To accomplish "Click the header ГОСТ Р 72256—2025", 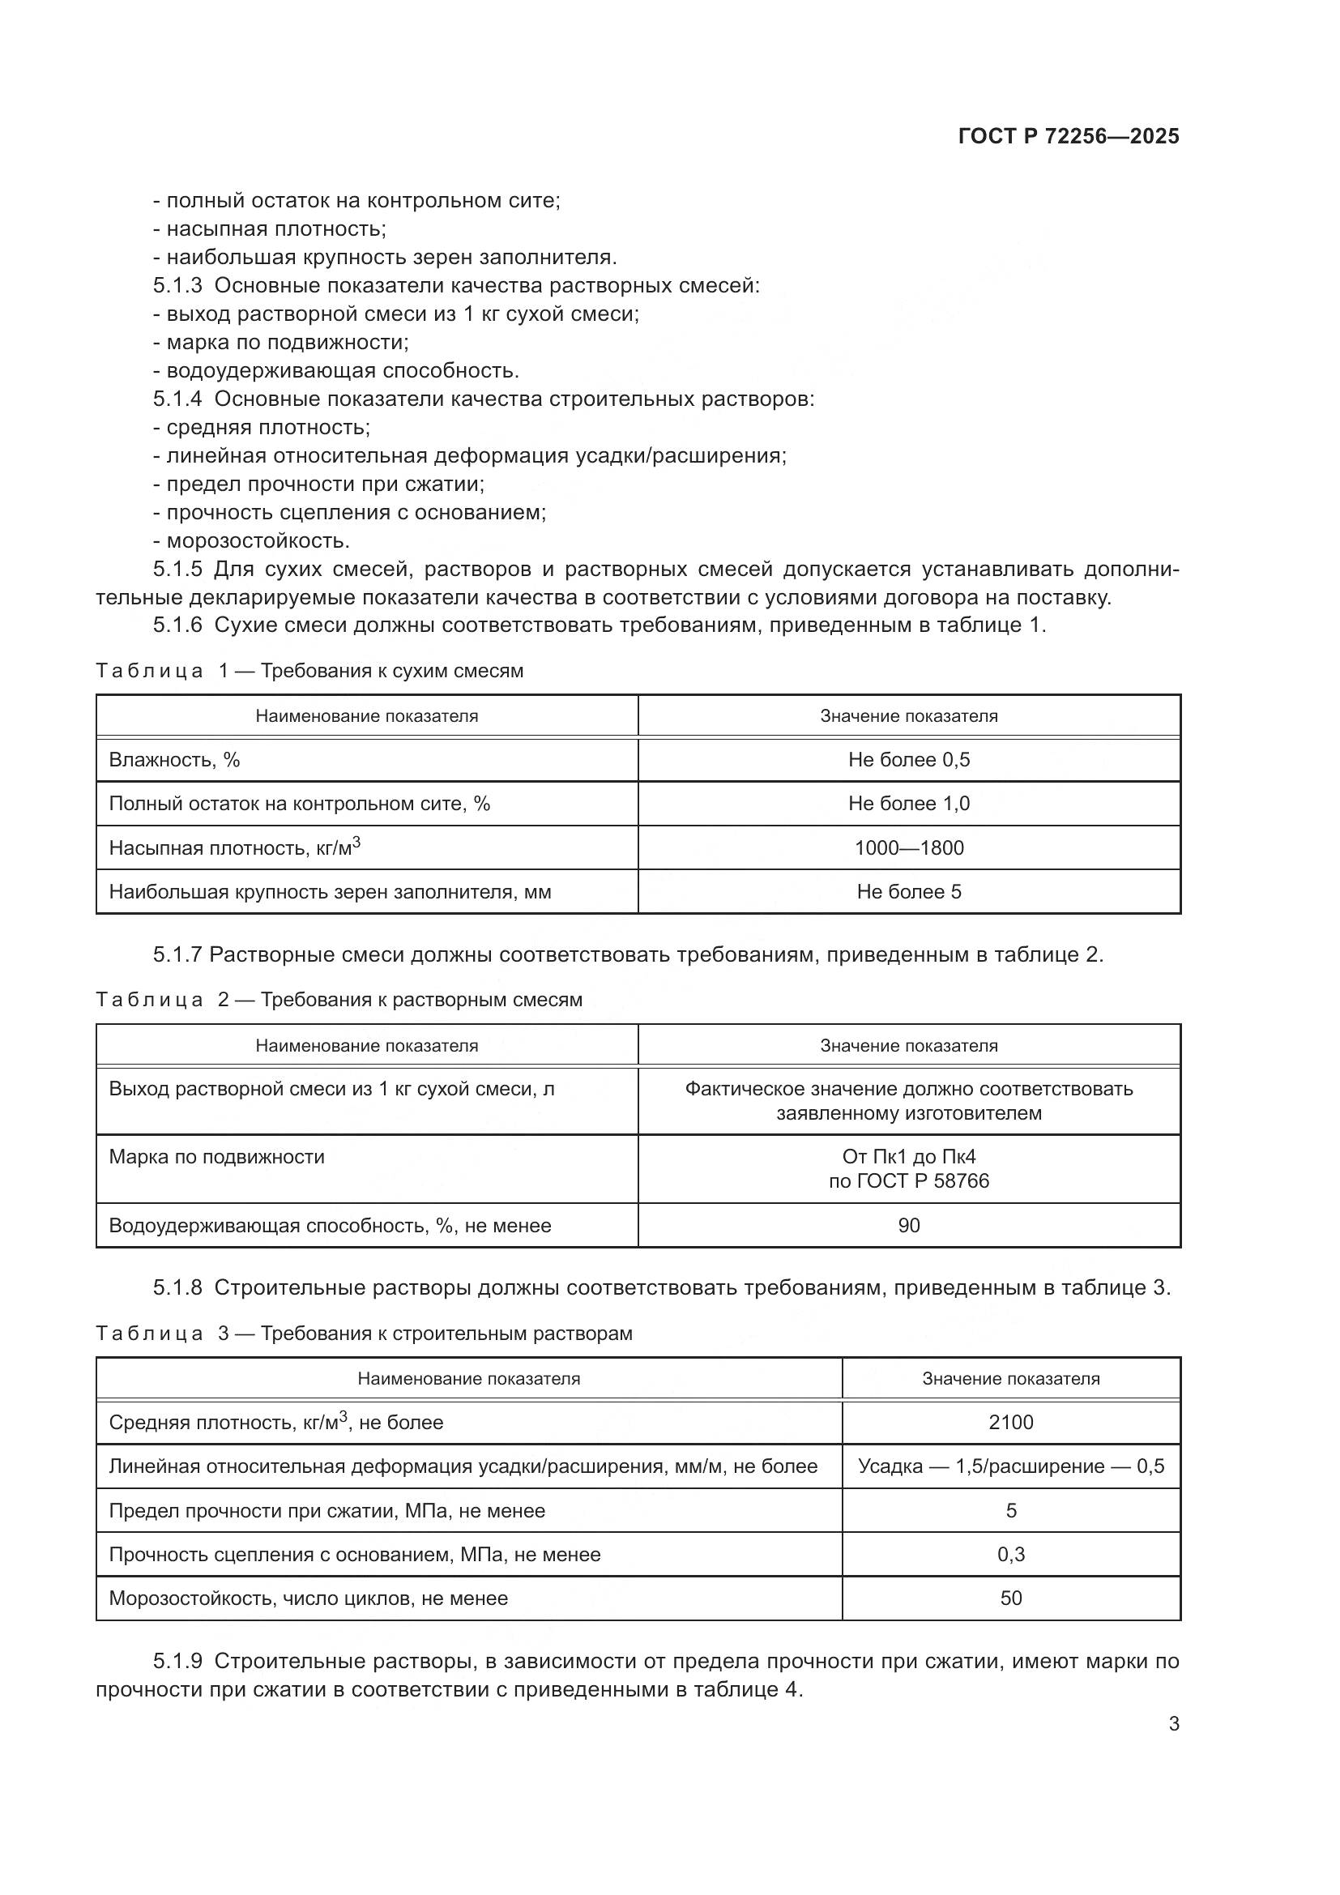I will (x=1069, y=136).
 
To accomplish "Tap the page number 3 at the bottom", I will (x=1173, y=1723).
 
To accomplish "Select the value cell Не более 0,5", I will (x=908, y=759).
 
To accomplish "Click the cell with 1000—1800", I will (x=908, y=847).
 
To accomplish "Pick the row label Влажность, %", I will (x=174, y=759).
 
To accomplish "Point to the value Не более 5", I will (x=908, y=891).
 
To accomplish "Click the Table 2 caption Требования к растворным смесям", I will (x=420, y=1000).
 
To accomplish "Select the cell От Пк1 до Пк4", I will (x=908, y=1156).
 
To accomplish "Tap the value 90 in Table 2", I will (x=908, y=1225).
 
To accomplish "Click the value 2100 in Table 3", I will (x=1010, y=1422).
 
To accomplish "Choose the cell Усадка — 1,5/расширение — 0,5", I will (x=1010, y=1466).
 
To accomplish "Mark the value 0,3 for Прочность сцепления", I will (x=1010, y=1554).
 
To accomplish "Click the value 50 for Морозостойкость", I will (x=1010, y=1598).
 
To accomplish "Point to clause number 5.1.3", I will (x=177, y=285).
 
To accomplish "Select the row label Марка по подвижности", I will (x=216, y=1156).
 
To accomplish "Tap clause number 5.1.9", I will (x=177, y=1661).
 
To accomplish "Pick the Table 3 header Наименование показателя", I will (x=467, y=1378).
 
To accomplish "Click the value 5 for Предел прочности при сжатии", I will (x=1010, y=1510).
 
